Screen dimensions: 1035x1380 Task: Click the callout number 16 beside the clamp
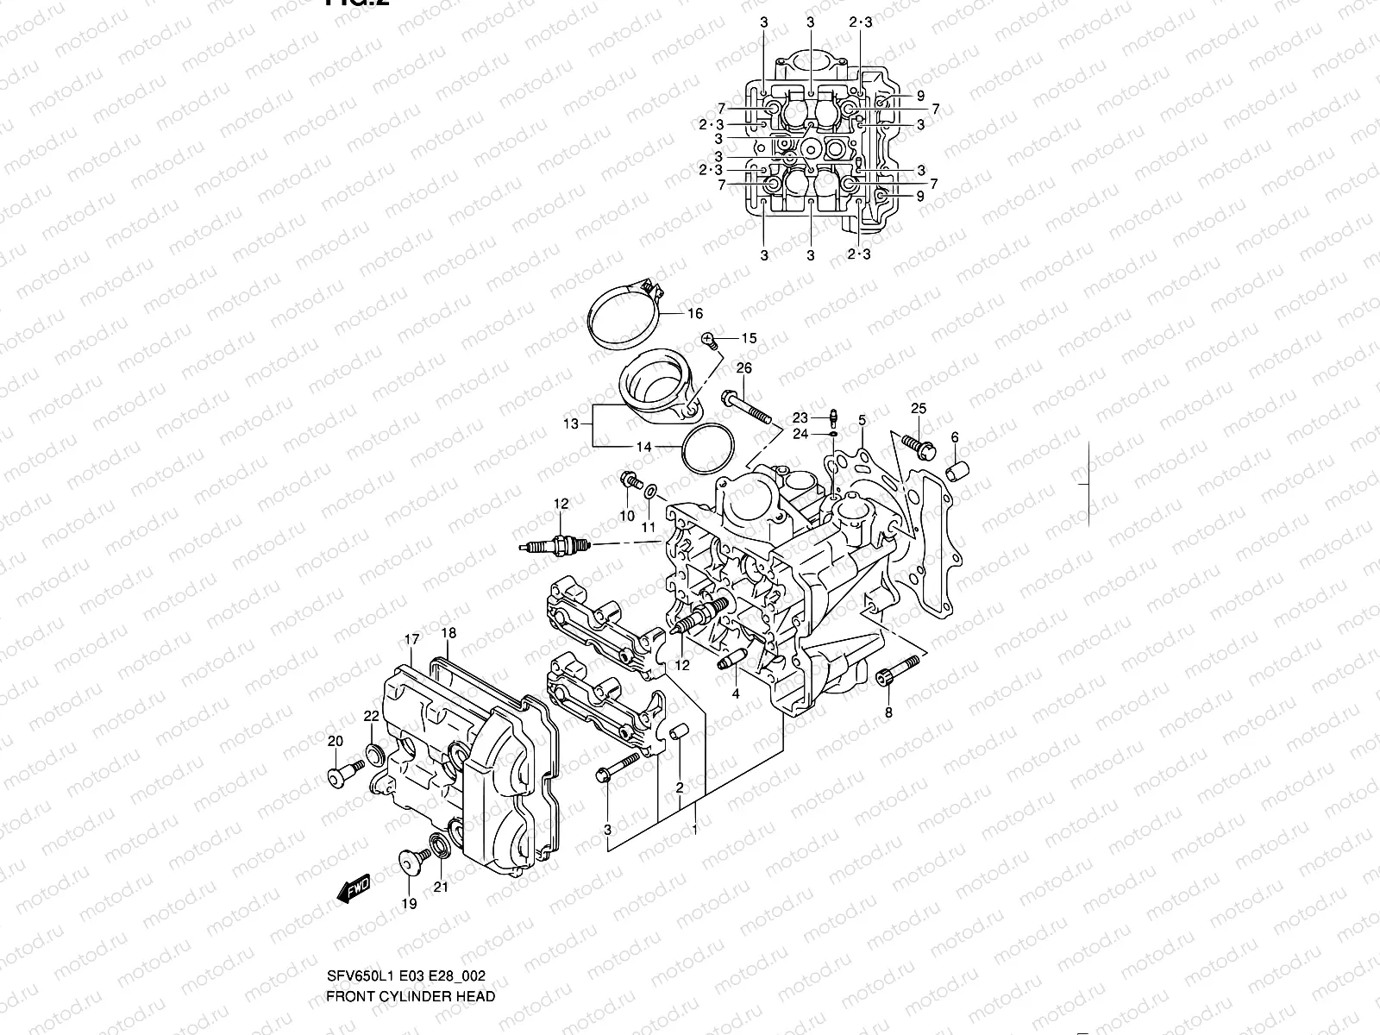tap(694, 314)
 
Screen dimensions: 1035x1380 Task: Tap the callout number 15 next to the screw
tap(748, 338)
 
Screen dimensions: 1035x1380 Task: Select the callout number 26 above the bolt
tap(743, 369)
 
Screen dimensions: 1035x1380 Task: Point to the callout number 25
tap(918, 408)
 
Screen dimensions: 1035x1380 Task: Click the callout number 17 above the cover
tap(411, 639)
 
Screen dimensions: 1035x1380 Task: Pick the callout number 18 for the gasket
tap(448, 633)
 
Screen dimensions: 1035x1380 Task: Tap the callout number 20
tap(336, 742)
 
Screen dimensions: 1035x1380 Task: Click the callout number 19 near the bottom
tap(409, 903)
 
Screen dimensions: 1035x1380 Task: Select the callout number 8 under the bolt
tap(888, 712)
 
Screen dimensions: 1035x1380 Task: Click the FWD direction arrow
tap(353, 888)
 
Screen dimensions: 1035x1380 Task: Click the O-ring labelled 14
tap(707, 448)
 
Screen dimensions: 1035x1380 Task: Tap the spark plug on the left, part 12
tap(556, 546)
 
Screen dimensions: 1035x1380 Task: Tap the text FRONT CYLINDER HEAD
tap(410, 996)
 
